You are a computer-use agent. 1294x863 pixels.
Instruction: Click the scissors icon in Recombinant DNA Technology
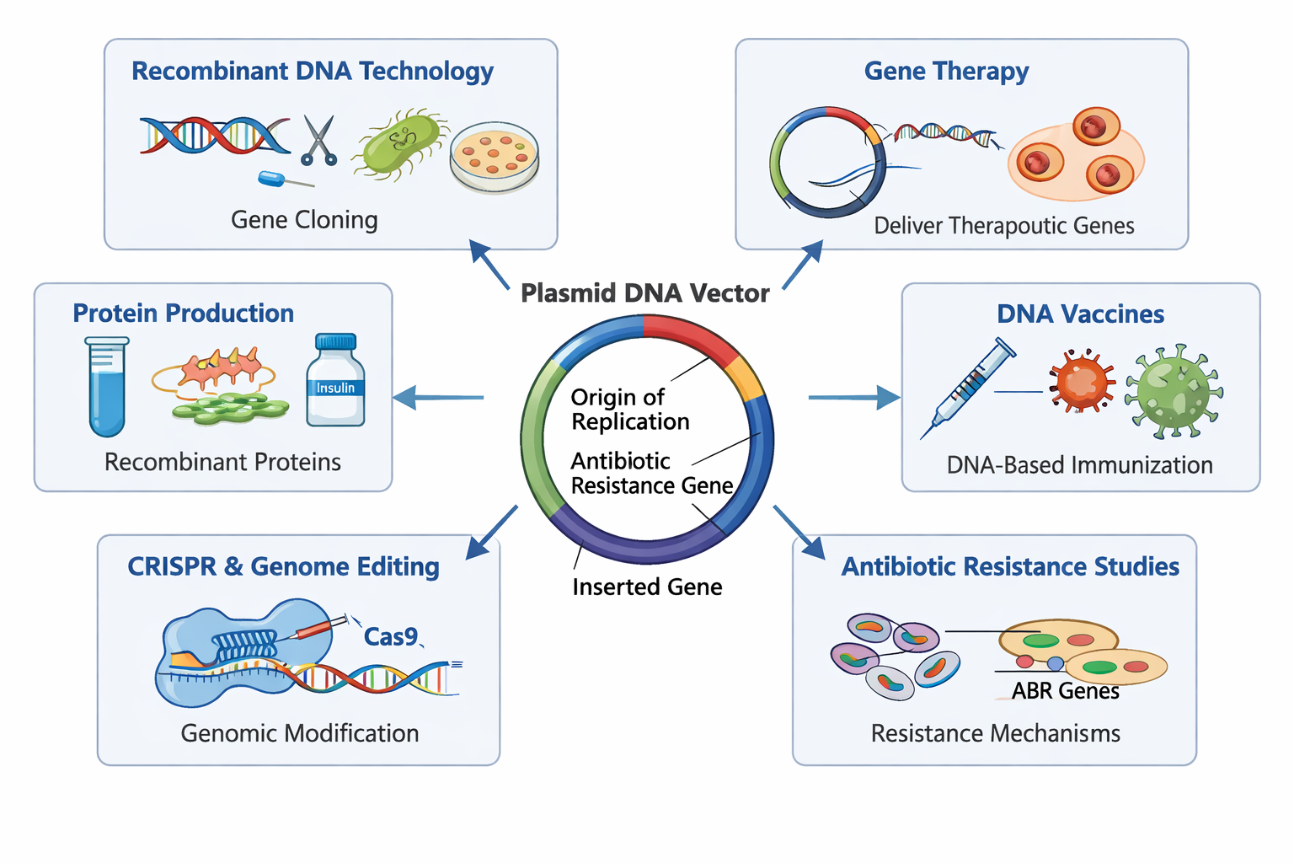coord(319,140)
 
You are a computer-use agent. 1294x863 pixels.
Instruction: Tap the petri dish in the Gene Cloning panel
coord(495,156)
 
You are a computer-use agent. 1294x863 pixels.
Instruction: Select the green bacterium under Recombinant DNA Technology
coord(398,144)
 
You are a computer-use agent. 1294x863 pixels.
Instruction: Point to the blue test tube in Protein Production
coord(107,387)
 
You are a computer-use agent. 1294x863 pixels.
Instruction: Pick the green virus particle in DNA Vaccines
coord(1174,391)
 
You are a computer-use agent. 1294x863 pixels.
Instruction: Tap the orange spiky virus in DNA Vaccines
coord(1082,381)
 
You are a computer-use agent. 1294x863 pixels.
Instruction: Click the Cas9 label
coord(390,636)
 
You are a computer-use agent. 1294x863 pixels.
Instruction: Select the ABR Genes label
coord(1065,691)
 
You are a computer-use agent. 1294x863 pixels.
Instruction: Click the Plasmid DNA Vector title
coord(644,293)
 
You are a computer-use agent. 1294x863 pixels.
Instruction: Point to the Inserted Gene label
coord(647,587)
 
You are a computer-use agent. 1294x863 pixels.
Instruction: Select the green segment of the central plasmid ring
coord(537,438)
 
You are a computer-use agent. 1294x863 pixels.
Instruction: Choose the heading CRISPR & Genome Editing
coord(283,566)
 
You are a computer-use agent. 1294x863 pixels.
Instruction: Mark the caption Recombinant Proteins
coord(222,462)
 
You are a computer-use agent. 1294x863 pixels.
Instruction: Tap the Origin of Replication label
coord(629,409)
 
